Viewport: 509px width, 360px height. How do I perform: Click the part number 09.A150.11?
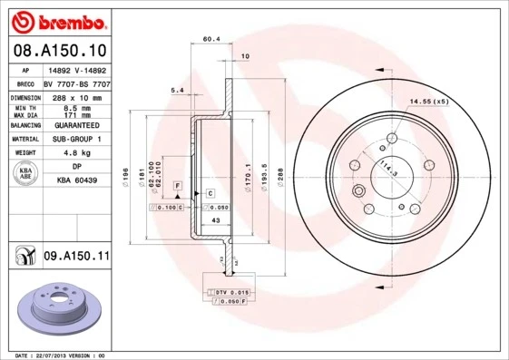coord(76,257)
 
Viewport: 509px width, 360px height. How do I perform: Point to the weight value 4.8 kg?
coord(77,153)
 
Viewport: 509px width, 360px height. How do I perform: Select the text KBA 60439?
coord(77,180)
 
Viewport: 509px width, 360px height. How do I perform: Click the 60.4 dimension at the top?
coord(211,39)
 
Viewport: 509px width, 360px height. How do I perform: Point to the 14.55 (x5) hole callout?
coord(428,102)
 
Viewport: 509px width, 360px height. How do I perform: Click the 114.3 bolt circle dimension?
coord(389,168)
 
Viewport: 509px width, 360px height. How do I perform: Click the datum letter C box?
coord(210,193)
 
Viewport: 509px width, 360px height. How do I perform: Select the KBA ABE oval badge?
coord(25,174)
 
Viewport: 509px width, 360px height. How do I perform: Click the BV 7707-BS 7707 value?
coord(77,83)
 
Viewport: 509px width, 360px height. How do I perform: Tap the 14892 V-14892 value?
coord(77,69)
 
